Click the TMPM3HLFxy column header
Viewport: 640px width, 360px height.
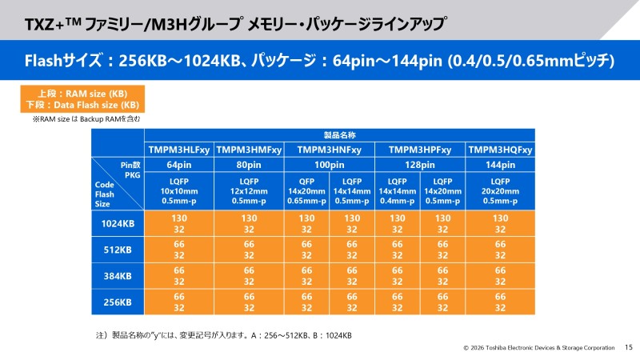tap(180, 150)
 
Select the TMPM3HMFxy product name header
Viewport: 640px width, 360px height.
tap(249, 150)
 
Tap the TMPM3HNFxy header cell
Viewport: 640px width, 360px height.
tap(329, 150)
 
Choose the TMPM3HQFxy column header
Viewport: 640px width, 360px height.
tap(501, 150)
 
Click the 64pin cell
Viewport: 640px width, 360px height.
tap(180, 165)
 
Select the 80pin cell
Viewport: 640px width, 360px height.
tap(249, 165)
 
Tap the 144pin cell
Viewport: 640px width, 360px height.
tap(501, 165)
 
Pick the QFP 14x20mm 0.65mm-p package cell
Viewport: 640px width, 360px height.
tap(306, 191)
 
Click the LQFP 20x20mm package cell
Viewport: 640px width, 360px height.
tap(501, 191)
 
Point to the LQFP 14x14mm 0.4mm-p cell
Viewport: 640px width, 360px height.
tap(398, 191)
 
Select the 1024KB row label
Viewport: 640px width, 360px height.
tap(118, 223)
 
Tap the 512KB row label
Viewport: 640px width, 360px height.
tap(118, 250)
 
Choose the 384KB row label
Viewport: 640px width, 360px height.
tap(118, 276)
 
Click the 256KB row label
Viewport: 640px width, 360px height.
tap(118, 302)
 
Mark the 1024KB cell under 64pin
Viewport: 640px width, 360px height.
tap(180, 223)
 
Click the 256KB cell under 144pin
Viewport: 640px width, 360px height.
tap(501, 302)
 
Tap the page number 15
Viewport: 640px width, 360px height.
tap(628, 347)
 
